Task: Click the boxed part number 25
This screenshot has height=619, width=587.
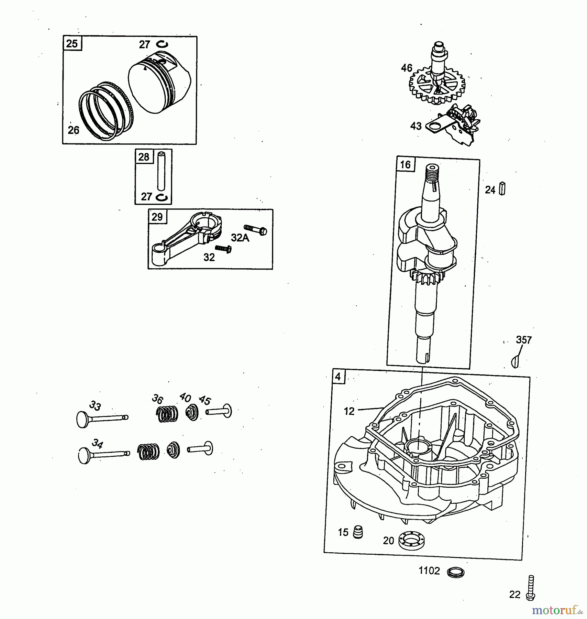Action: [72, 44]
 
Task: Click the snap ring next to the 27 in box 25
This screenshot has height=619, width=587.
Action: [162, 44]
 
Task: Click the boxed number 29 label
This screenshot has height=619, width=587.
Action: [157, 217]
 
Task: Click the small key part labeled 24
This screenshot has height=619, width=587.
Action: [502, 189]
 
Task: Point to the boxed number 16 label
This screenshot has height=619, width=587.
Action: [406, 165]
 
